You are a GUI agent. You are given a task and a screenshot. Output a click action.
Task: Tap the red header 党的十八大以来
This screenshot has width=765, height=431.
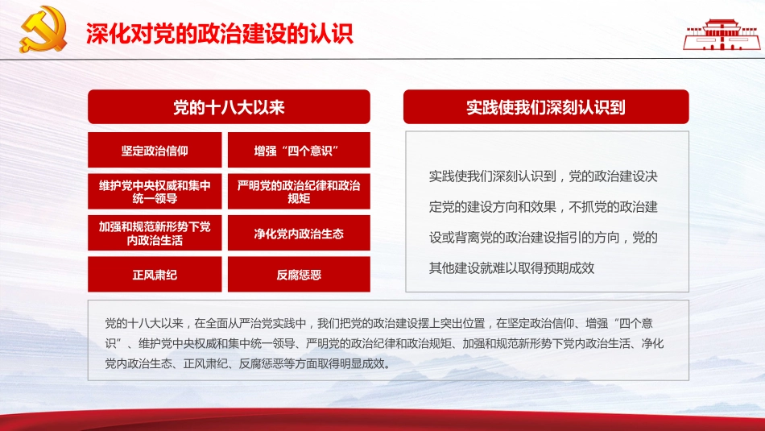(x=229, y=106)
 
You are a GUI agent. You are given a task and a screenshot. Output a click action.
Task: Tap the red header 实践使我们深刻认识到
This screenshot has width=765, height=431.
(x=545, y=106)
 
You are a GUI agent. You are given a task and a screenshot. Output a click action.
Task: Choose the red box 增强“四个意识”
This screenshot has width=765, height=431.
(x=299, y=150)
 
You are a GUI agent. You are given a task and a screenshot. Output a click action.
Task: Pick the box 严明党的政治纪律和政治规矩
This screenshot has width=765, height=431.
(x=299, y=192)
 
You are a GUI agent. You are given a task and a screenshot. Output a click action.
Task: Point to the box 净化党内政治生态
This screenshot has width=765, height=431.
(x=299, y=234)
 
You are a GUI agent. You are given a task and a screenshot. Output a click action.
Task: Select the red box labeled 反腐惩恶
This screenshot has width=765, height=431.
(x=299, y=275)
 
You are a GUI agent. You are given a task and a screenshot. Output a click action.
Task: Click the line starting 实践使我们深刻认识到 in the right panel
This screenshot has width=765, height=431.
(x=543, y=176)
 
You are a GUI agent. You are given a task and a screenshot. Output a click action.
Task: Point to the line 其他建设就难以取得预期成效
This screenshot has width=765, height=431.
(x=511, y=268)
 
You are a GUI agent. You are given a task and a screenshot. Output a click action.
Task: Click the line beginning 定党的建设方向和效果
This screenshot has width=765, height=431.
(x=543, y=206)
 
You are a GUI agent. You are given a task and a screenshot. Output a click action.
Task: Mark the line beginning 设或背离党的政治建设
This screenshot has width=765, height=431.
(x=543, y=238)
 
